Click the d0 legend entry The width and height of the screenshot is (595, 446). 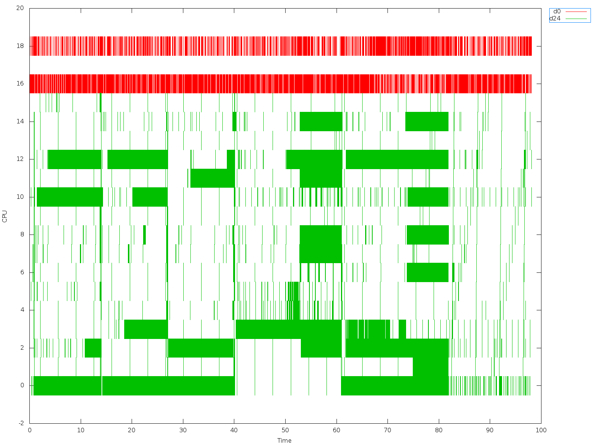tap(569, 12)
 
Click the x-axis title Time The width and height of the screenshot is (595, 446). tap(284, 440)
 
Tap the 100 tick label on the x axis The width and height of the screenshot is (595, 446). tap(541, 430)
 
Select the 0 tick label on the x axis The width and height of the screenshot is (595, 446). tap(29, 430)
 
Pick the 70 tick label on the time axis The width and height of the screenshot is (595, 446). tap(387, 430)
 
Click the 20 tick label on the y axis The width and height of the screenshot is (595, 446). tap(20, 8)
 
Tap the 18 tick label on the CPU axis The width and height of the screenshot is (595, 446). tap(20, 46)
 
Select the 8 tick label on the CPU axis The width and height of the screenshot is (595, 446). tap(22, 235)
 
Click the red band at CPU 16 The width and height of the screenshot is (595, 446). tap(260, 84)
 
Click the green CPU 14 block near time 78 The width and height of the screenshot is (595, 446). tap(427, 122)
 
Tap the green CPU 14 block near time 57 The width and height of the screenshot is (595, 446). tap(321, 122)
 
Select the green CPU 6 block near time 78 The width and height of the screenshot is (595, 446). tap(427, 272)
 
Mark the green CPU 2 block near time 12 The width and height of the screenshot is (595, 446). tap(93, 348)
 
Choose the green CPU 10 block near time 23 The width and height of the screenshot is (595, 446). tap(150, 197)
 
